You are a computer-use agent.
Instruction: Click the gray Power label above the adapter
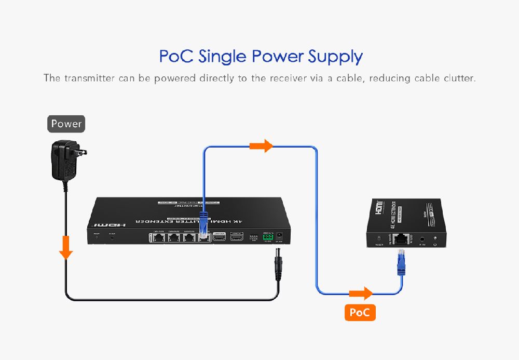pyautogui.click(x=66, y=124)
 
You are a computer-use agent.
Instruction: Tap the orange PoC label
pyautogui.click(x=360, y=312)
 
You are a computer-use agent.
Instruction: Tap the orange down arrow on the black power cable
pyautogui.click(x=65, y=248)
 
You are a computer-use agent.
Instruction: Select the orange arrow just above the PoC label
pyautogui.click(x=361, y=294)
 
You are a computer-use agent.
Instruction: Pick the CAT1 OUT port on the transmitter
pyautogui.click(x=158, y=237)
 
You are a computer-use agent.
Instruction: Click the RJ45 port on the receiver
pyautogui.click(x=401, y=239)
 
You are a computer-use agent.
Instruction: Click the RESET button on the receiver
pyautogui.click(x=377, y=239)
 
